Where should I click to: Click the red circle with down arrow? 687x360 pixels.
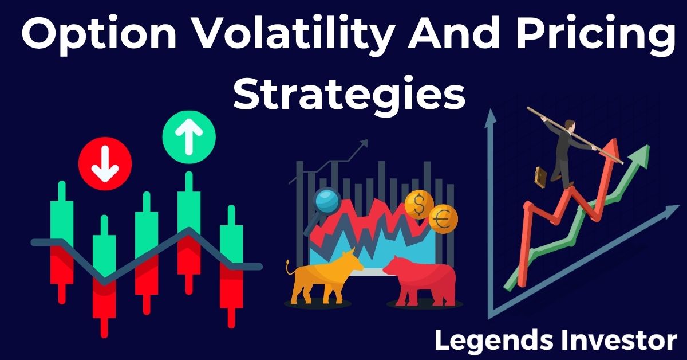click(105, 163)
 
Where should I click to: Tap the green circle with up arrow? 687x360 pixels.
click(189, 137)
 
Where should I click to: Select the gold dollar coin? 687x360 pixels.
click(419, 204)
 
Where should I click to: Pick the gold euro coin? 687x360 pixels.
click(443, 219)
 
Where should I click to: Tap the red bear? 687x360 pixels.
click(421, 281)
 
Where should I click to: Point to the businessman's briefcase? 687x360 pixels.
click(540, 177)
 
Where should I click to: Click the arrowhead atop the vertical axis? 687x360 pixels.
click(491, 118)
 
